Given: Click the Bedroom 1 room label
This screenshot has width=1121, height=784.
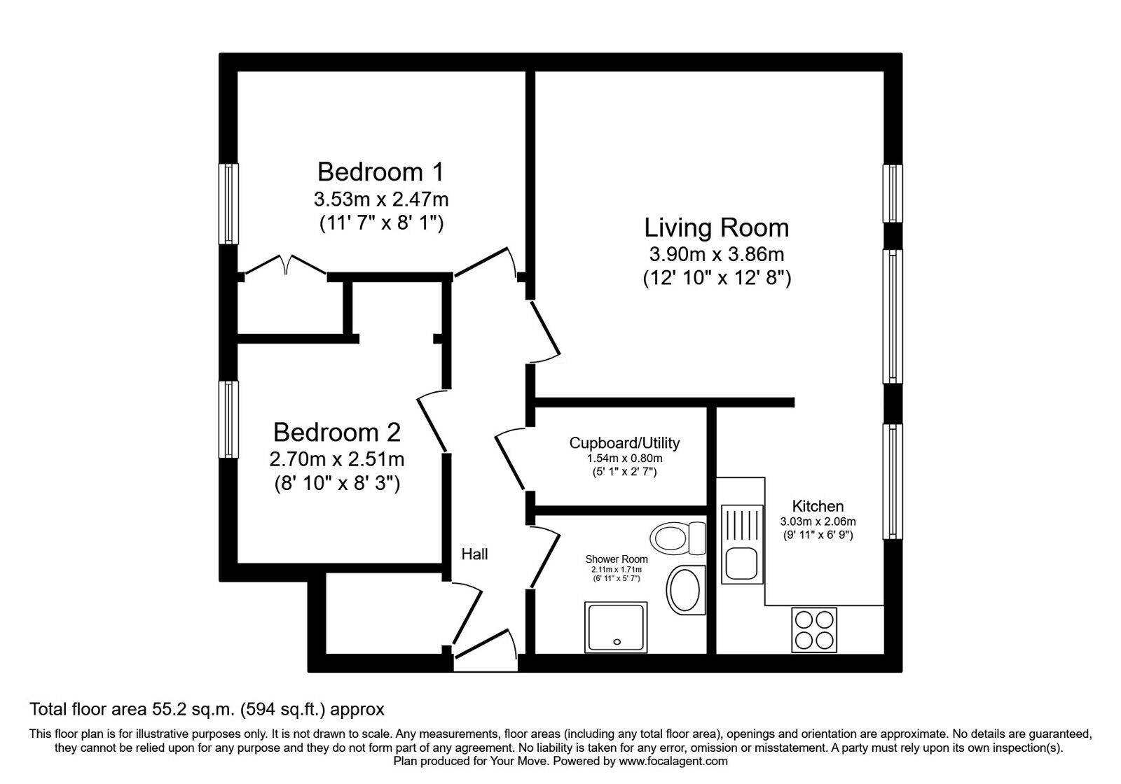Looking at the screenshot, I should [380, 172].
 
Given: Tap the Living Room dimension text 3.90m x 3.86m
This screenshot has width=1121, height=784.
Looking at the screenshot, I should [716, 253].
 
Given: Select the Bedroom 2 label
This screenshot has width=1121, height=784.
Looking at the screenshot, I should [336, 433].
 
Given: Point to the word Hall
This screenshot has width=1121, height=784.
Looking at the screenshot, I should [474, 554].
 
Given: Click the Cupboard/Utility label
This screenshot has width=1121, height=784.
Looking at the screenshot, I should [624, 443].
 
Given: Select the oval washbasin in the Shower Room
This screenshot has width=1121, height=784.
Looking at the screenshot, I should [685, 590].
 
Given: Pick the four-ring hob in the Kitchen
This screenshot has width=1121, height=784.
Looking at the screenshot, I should [814, 629].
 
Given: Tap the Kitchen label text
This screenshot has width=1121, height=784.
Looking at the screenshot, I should [818, 506].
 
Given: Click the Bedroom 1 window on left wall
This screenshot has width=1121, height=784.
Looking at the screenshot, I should [228, 204].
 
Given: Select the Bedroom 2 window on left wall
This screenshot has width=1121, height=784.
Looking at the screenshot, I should [228, 419].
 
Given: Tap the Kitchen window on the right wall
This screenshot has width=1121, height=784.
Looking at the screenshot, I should [893, 481].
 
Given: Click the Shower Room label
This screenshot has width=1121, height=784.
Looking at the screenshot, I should [617, 559].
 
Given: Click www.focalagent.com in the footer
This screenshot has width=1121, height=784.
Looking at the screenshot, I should [673, 761].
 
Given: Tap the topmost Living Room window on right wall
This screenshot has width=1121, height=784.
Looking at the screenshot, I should [893, 193].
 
